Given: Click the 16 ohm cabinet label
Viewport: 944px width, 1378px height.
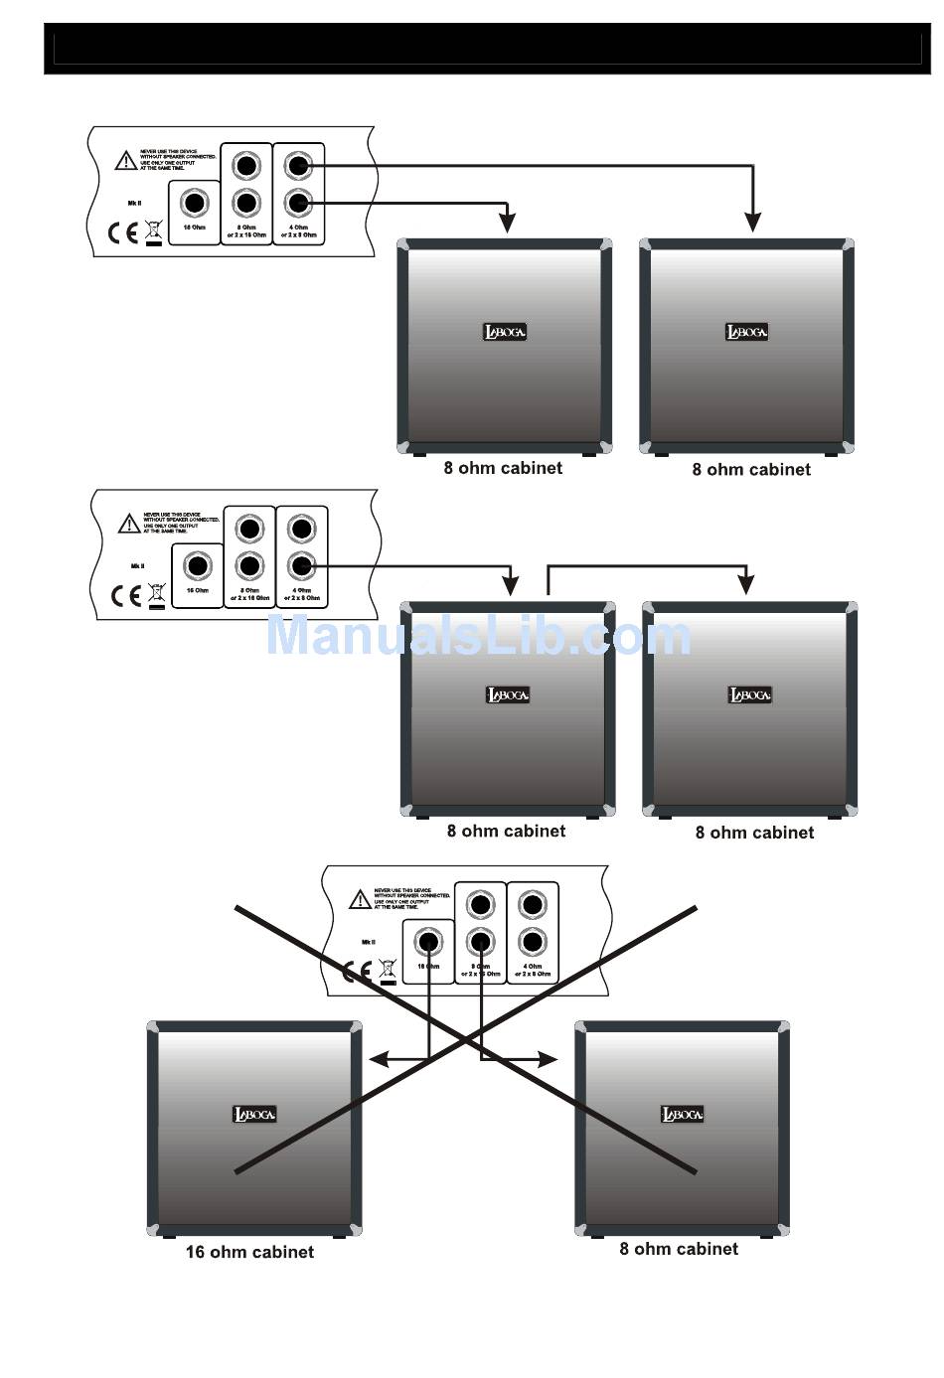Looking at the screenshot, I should pyautogui.click(x=249, y=1252).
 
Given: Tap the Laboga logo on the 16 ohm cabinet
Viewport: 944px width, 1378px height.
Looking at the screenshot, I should pyautogui.click(x=254, y=1114).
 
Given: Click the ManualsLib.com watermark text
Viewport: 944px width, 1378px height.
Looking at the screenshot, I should pyautogui.click(x=478, y=636).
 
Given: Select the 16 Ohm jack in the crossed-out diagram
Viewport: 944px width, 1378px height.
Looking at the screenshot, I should pyautogui.click(x=429, y=940).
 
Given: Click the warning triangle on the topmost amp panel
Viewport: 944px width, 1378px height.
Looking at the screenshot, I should pyautogui.click(x=126, y=160).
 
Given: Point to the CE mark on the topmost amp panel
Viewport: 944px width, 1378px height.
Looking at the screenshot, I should pyautogui.click(x=124, y=232).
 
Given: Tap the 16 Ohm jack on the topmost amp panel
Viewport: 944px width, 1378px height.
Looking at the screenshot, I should pyautogui.click(x=195, y=204).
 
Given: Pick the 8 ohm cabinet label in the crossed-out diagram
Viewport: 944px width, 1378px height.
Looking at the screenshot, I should pyautogui.click(x=679, y=1249).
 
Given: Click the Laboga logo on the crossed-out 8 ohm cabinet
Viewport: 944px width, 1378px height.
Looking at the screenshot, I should pyautogui.click(x=683, y=1114).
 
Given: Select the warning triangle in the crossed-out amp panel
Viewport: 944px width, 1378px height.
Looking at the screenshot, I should pyautogui.click(x=360, y=900).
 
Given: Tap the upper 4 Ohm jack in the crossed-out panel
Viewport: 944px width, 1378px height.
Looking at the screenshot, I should pyautogui.click(x=533, y=904).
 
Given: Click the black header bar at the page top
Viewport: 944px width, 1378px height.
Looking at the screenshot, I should pyautogui.click(x=487, y=48).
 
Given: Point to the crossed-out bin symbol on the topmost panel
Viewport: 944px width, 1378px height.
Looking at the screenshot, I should pyautogui.click(x=153, y=230).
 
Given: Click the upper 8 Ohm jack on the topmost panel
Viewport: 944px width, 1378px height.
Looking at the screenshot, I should pyautogui.click(x=246, y=164).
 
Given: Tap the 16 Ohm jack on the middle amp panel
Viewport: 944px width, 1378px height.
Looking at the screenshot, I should pyautogui.click(x=198, y=566).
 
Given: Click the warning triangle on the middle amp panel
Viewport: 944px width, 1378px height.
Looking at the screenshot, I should pyautogui.click(x=129, y=523).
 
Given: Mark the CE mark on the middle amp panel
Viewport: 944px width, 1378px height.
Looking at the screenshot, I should pyautogui.click(x=127, y=595).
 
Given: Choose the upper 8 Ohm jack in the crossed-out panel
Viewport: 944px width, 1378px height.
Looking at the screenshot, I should pyautogui.click(x=481, y=904).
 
